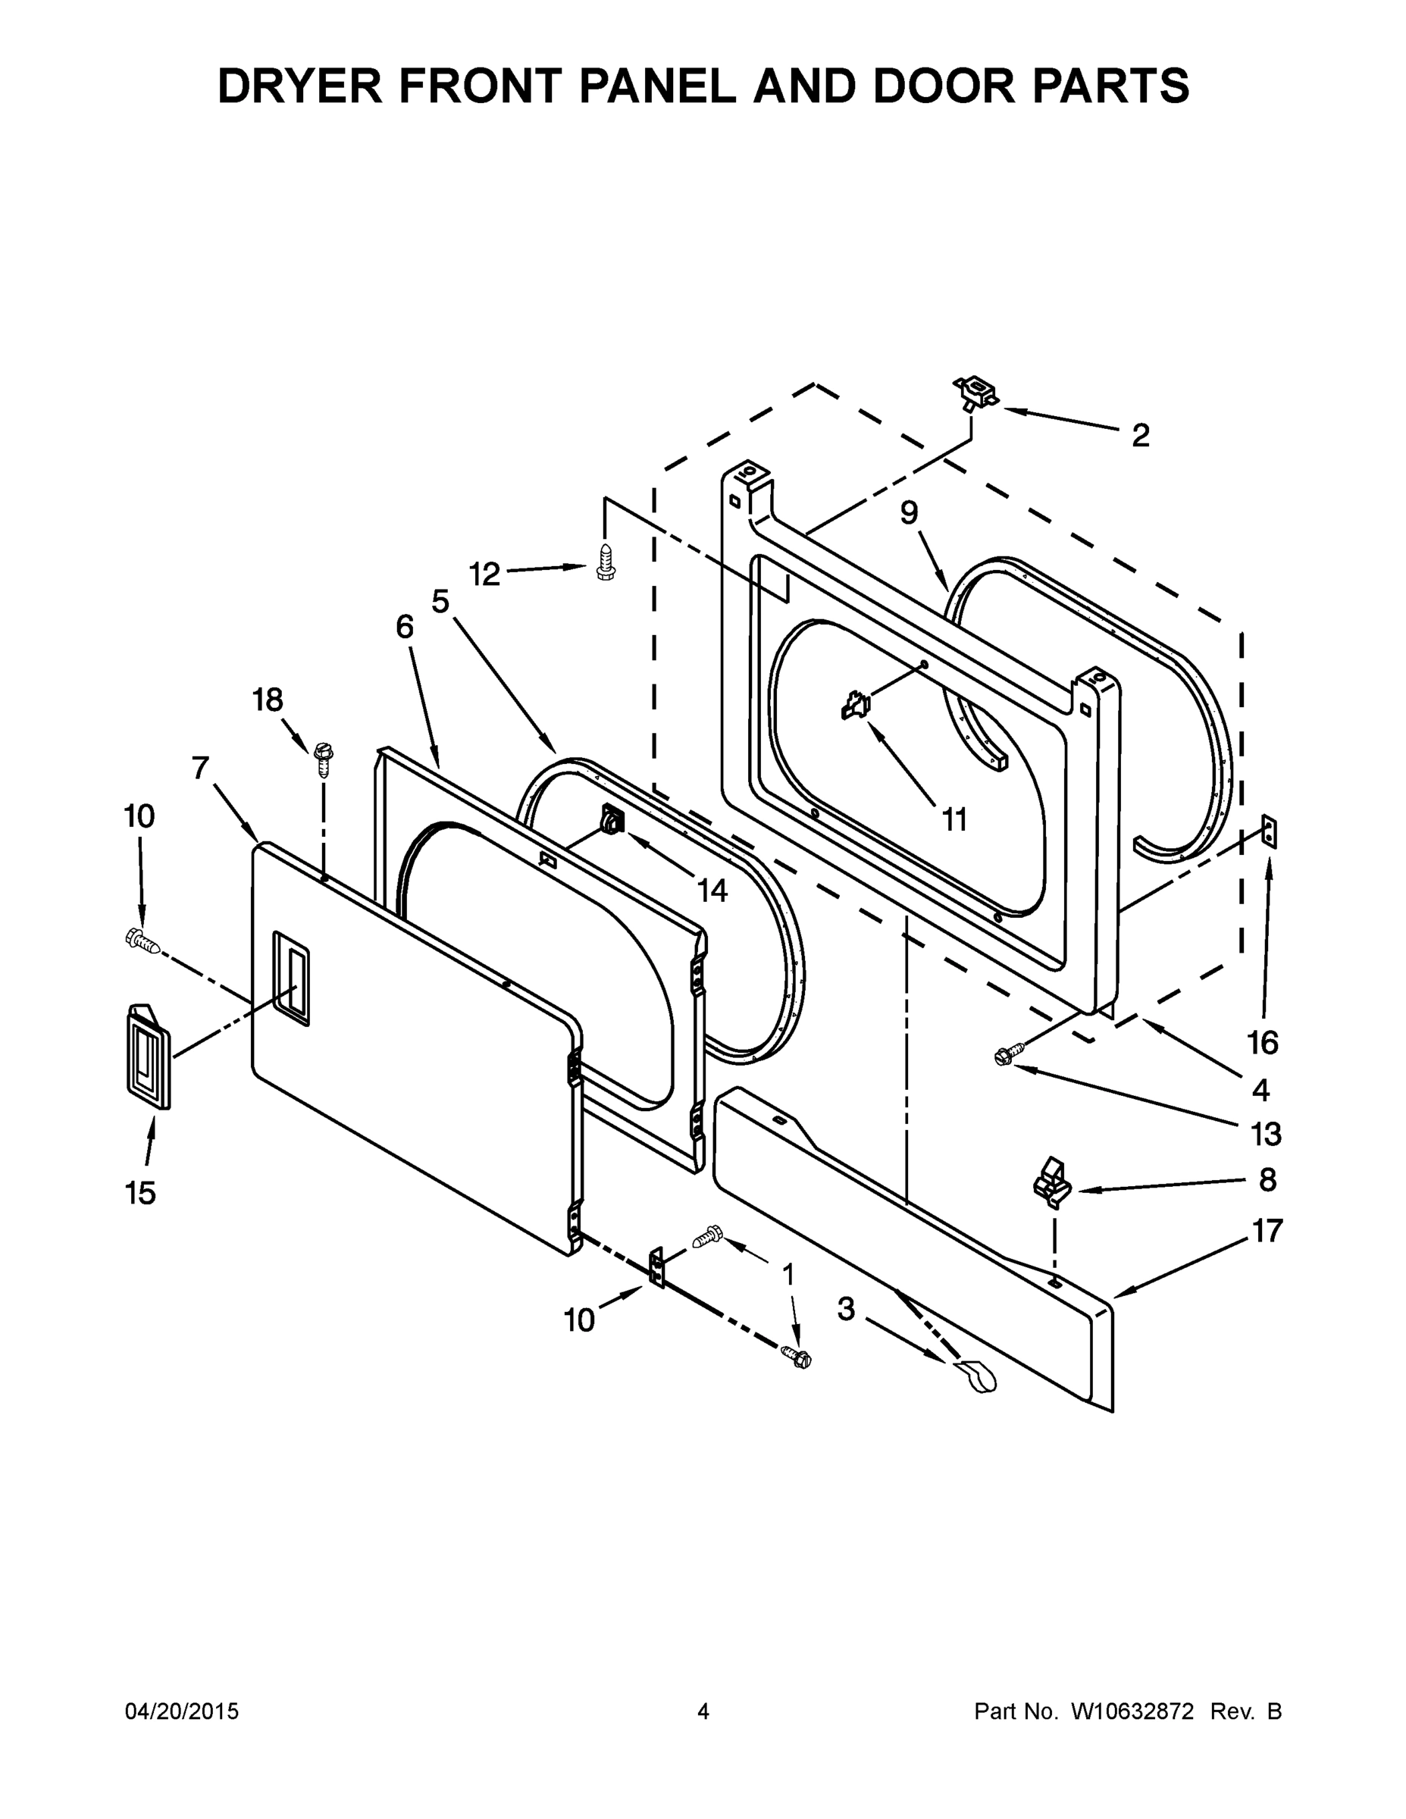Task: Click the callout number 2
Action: [x=1140, y=436]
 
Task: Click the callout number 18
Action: [x=268, y=700]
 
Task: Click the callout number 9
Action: [x=909, y=513]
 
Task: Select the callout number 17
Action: [x=1267, y=1230]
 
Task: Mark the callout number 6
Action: [x=404, y=627]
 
